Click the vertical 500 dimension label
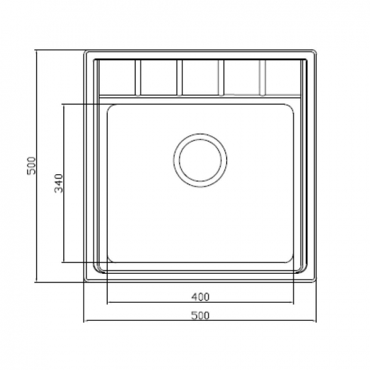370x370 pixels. point(32,165)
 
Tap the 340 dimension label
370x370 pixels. point(59,183)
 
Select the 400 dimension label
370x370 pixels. point(200,297)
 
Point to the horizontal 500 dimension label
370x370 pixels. point(200,316)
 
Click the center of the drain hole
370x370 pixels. point(200,160)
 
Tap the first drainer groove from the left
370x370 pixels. point(138,77)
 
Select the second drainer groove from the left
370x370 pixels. point(180,77)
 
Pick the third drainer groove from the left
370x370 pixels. point(221,77)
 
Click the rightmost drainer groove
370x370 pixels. point(262,77)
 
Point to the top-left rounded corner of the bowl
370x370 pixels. point(110,107)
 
